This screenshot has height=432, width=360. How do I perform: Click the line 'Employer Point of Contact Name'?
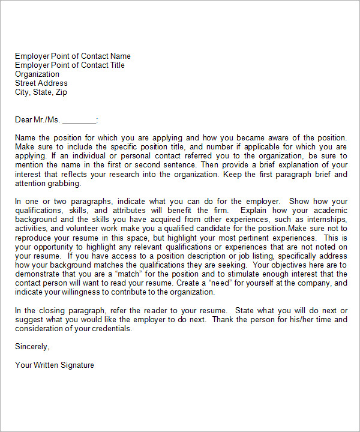click(x=73, y=56)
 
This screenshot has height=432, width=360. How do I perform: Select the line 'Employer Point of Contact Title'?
click(x=70, y=65)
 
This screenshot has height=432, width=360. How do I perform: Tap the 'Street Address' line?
click(x=41, y=83)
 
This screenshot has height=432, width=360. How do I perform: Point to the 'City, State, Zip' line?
click(x=41, y=92)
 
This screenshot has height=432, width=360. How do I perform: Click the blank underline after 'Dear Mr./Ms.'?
click(x=79, y=120)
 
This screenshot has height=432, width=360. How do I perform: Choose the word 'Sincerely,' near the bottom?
click(x=32, y=346)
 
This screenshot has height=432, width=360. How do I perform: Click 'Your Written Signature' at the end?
click(x=55, y=365)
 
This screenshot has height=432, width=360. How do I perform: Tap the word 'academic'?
click(x=329, y=211)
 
